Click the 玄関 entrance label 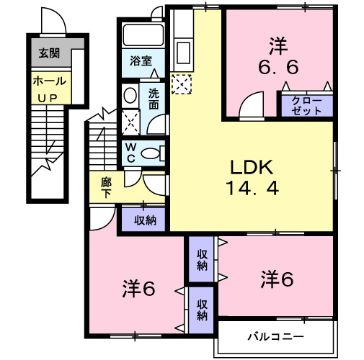point(50,53)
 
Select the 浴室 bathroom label point(141,62)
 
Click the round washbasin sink point(130,96)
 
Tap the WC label point(131,152)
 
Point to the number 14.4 point(251,189)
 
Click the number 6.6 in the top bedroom point(278,67)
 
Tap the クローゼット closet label point(306,106)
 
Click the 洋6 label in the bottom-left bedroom point(138,289)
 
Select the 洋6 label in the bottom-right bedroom point(277,278)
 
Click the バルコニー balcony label point(276,336)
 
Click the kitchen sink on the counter point(182,53)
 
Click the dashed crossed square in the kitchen point(182,86)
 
